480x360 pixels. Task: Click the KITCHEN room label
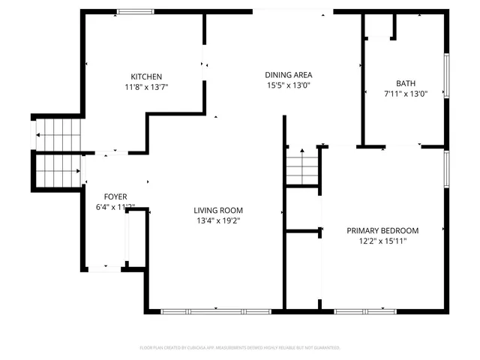click(x=146, y=76)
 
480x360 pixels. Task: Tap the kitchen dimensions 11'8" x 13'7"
click(x=146, y=87)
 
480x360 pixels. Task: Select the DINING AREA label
click(x=288, y=74)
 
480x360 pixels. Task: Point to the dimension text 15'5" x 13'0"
click(x=288, y=85)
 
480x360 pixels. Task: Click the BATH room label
click(x=406, y=83)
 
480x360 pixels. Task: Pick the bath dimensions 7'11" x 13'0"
click(x=406, y=94)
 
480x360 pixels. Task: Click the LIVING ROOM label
click(x=218, y=210)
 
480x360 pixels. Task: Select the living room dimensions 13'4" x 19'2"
click(x=218, y=220)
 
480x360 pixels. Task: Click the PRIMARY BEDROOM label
click(x=382, y=230)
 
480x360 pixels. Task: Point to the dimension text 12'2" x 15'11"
click(x=382, y=241)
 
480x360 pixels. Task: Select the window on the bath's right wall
click(x=447, y=76)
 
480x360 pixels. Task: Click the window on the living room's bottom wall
click(x=216, y=310)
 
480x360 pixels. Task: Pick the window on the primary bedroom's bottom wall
click(x=365, y=310)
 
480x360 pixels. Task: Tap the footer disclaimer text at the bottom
click(x=240, y=347)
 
